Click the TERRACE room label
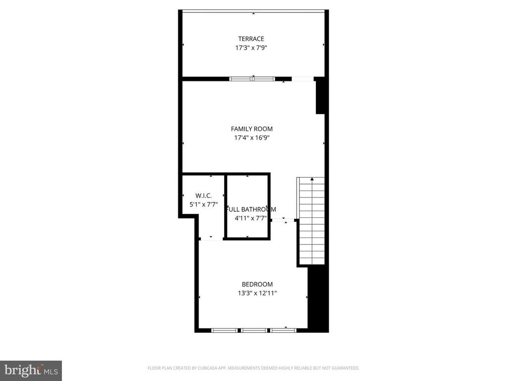pyautogui.click(x=251, y=39)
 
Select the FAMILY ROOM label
pyautogui.click(x=252, y=129)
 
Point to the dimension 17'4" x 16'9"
pyautogui.click(x=252, y=138)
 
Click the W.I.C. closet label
pyautogui.click(x=203, y=196)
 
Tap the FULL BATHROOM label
pyautogui.click(x=252, y=209)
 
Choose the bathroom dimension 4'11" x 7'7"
pyautogui.click(x=251, y=218)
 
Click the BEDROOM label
pyautogui.click(x=257, y=284)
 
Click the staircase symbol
pyautogui.click(x=311, y=221)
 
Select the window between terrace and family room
pyautogui.click(x=252, y=78)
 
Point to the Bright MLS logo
pyautogui.click(x=30, y=370)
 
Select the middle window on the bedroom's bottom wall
pyautogui.click(x=253, y=330)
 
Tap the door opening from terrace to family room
pyautogui.click(x=303, y=78)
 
